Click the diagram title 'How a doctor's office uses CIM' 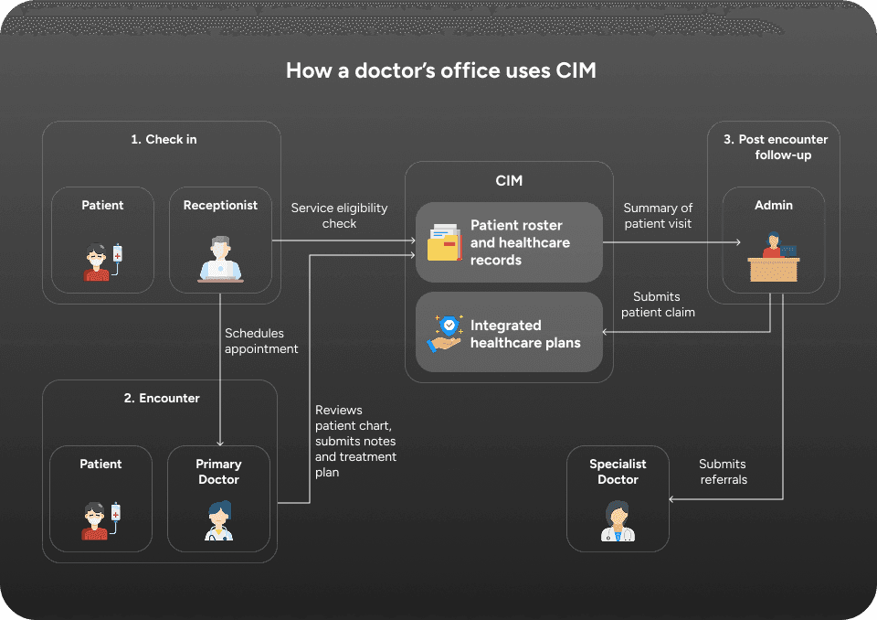(x=440, y=70)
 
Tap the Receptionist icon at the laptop (x=220, y=258)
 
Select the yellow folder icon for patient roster (x=445, y=242)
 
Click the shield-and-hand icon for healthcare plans (x=445, y=334)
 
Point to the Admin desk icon (x=774, y=257)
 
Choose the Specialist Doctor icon (x=618, y=521)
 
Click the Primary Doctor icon (x=218, y=521)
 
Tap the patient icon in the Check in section (x=103, y=262)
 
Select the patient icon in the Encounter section (x=101, y=521)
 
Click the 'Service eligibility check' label (x=339, y=216)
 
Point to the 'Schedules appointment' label (x=261, y=340)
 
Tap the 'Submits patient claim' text (x=658, y=305)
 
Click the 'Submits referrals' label (x=723, y=472)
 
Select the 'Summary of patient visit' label (x=658, y=216)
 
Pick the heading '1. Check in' (x=164, y=140)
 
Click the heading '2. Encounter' (x=162, y=398)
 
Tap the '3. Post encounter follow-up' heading (x=776, y=146)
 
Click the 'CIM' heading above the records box (x=509, y=180)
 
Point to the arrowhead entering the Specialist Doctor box (x=671, y=499)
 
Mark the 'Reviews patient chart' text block (x=355, y=442)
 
